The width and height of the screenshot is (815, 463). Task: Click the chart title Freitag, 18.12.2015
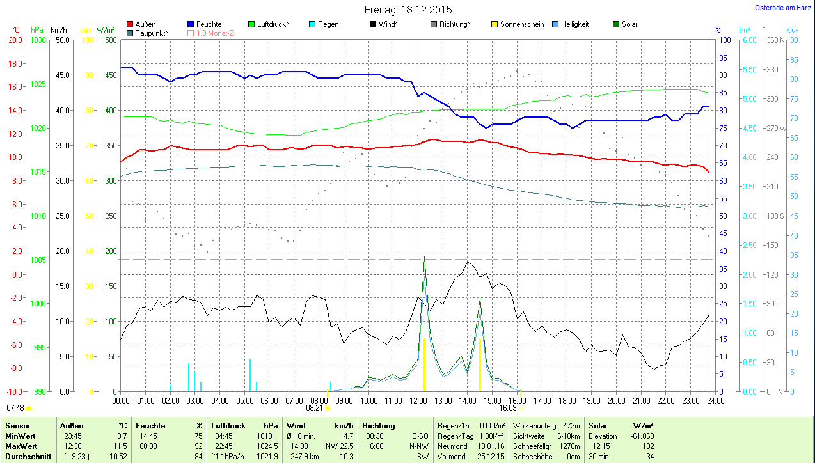(408, 10)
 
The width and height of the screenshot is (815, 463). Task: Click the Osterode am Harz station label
(782, 8)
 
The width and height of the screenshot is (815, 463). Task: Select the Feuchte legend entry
(209, 24)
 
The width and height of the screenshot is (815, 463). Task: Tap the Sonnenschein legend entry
(521, 24)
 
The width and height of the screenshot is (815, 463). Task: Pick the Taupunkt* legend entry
(151, 33)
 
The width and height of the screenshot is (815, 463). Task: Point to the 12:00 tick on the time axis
(418, 400)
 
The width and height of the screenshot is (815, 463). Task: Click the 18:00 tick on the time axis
(566, 400)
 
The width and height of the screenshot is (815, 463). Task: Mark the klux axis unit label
(793, 30)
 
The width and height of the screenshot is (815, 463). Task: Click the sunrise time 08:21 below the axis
(314, 407)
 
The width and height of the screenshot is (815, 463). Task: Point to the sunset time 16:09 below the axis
(508, 407)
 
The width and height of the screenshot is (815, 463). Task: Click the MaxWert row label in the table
(21, 446)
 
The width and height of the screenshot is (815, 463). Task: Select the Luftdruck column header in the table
(228, 425)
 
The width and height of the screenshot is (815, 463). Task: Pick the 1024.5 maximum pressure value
(267, 446)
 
